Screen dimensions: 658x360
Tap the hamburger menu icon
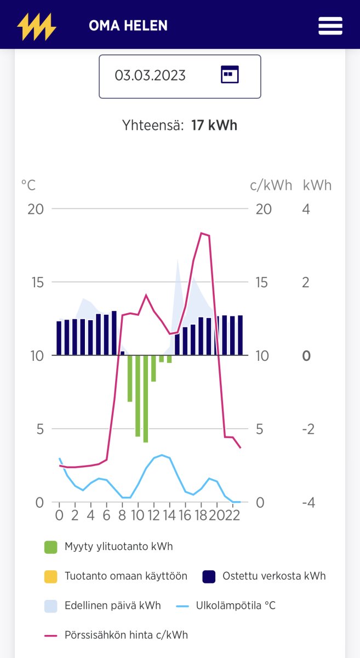coord(330,26)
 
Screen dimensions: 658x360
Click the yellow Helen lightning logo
coord(36,26)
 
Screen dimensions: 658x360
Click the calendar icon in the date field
coord(230,74)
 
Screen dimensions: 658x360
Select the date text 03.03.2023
coord(150,75)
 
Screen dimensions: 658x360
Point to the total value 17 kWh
coord(214,125)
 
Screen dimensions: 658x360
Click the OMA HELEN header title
coord(128,26)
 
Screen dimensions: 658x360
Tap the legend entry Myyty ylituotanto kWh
coord(118,546)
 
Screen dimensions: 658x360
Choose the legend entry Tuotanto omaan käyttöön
coord(125,576)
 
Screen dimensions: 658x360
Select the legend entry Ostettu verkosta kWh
coord(273,576)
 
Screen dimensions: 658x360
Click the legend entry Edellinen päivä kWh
coord(112,605)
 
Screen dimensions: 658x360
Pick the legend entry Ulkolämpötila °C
coord(236,605)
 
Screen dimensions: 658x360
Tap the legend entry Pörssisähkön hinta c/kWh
coord(126,635)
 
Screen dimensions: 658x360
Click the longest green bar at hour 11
coord(146,399)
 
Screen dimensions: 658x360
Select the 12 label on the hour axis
coord(153,515)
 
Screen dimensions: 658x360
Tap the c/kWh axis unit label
coord(271,185)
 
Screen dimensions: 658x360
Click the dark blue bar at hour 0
coord(59,338)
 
